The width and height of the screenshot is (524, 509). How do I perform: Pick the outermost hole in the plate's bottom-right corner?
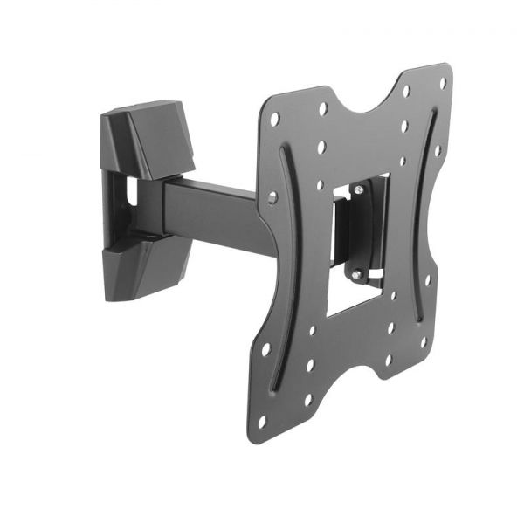[x=423, y=341]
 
